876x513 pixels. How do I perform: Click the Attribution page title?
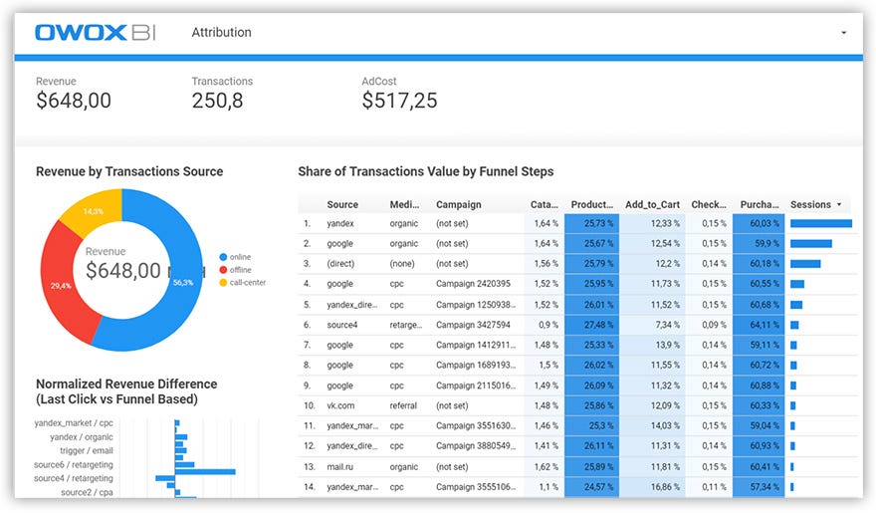pyautogui.click(x=221, y=32)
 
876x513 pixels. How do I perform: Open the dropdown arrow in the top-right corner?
pyautogui.click(x=843, y=33)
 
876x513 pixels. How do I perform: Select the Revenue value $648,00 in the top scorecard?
pyautogui.click(x=74, y=101)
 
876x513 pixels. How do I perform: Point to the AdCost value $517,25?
pyautogui.click(x=399, y=101)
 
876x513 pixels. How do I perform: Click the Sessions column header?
pyautogui.click(x=810, y=204)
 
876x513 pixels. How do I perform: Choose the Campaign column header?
pyautogui.click(x=458, y=204)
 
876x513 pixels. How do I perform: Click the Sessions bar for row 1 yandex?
pyautogui.click(x=820, y=224)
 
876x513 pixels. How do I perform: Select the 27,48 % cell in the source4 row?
pyautogui.click(x=591, y=325)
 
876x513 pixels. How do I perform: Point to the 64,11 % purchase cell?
pyautogui.click(x=760, y=325)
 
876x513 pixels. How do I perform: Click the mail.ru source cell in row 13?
pyautogui.click(x=342, y=466)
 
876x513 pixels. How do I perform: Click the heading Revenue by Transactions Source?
pyautogui.click(x=129, y=171)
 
